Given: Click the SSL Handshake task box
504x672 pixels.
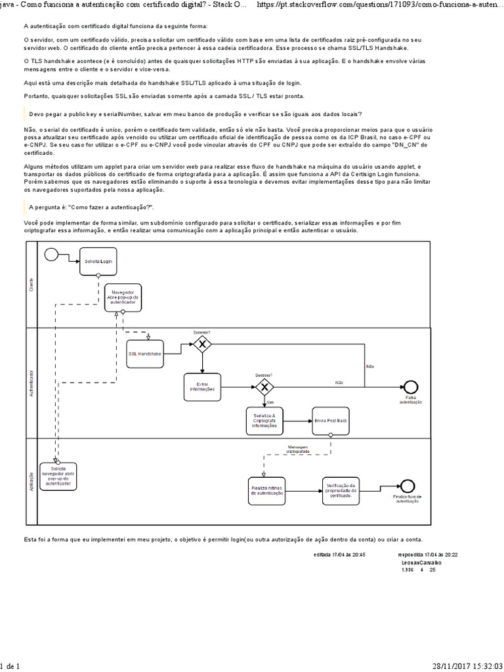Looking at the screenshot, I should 144,353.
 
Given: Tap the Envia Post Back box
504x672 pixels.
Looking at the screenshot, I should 330,419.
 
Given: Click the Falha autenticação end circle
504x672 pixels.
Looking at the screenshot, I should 411,387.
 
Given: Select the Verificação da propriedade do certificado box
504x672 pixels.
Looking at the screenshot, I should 341,490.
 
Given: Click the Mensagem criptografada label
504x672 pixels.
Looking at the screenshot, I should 297,449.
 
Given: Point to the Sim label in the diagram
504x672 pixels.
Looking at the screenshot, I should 270,402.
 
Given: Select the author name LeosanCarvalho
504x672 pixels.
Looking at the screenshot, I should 421,562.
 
